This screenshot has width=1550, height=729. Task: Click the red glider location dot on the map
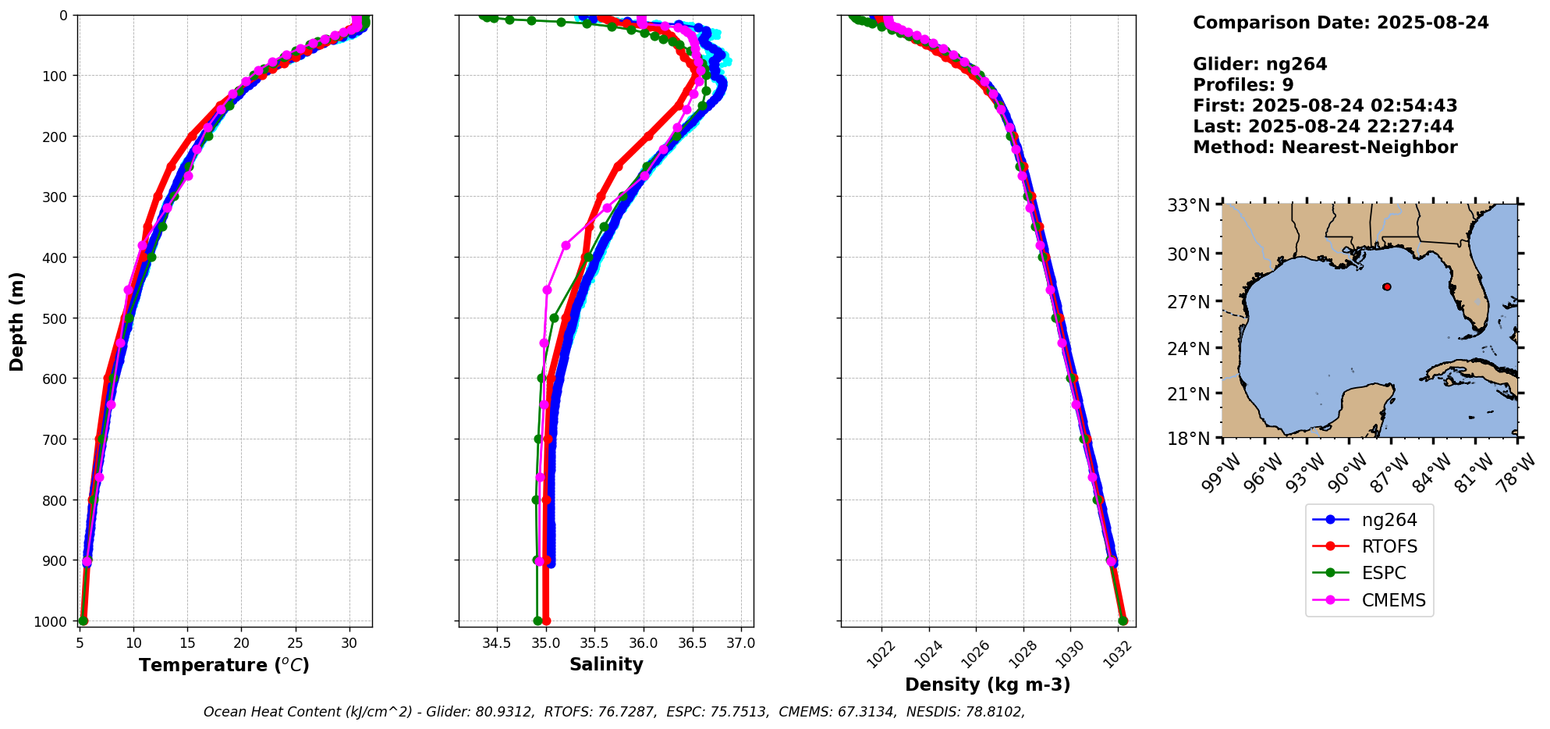1386,286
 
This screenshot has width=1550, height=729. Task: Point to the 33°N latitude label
1188,206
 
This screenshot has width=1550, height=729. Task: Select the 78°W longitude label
1516,473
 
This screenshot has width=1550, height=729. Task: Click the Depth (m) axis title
17,321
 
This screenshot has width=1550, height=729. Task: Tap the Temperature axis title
224,665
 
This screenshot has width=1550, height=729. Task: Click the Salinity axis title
606,665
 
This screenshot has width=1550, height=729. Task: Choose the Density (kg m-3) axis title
988,685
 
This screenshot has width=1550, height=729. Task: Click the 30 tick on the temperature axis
349,644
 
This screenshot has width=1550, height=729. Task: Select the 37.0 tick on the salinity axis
740,644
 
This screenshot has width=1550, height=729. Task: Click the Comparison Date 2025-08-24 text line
1340,23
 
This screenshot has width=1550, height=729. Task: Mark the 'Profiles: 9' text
1243,85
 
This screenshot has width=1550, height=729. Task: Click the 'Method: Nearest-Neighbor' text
1325,148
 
